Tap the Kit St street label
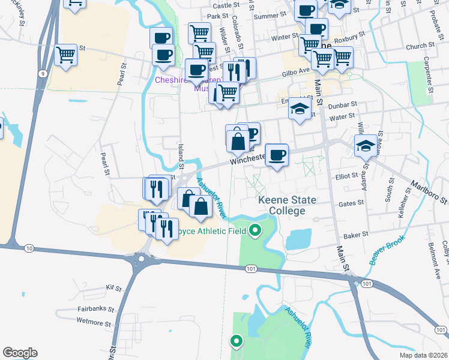tap(113, 288)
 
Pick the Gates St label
tap(351, 203)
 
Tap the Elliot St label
tap(346, 176)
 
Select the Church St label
tap(420, 46)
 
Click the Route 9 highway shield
tap(42, 73)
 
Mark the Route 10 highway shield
tap(29, 247)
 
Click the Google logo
tap(20, 353)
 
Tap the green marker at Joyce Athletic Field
tap(255, 229)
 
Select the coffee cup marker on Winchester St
tap(277, 156)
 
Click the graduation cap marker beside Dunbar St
tap(300, 109)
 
